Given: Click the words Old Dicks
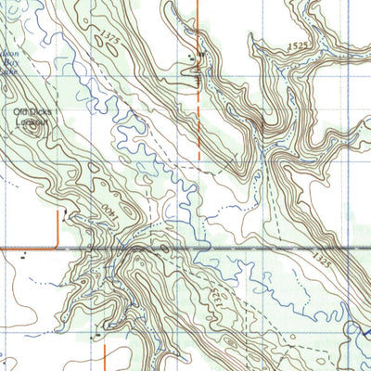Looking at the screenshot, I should pos(34,112).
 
